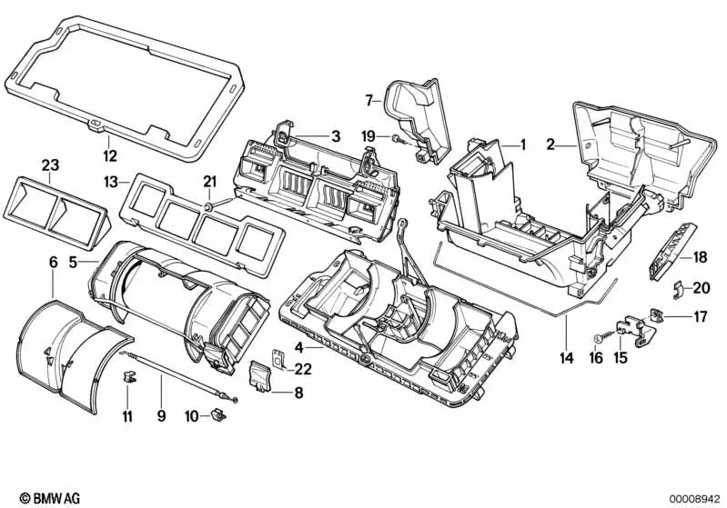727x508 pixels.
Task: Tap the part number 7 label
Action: [370, 99]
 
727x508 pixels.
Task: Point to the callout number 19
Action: [368, 135]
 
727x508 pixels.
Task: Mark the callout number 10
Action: [191, 416]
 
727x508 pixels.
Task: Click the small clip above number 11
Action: [128, 375]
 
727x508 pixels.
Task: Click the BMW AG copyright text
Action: [33, 499]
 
